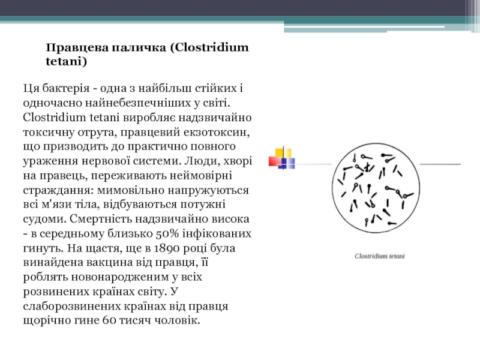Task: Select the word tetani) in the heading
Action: tap(67, 62)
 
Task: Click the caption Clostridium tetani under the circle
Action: tap(379, 256)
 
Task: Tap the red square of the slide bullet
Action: tap(275, 160)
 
